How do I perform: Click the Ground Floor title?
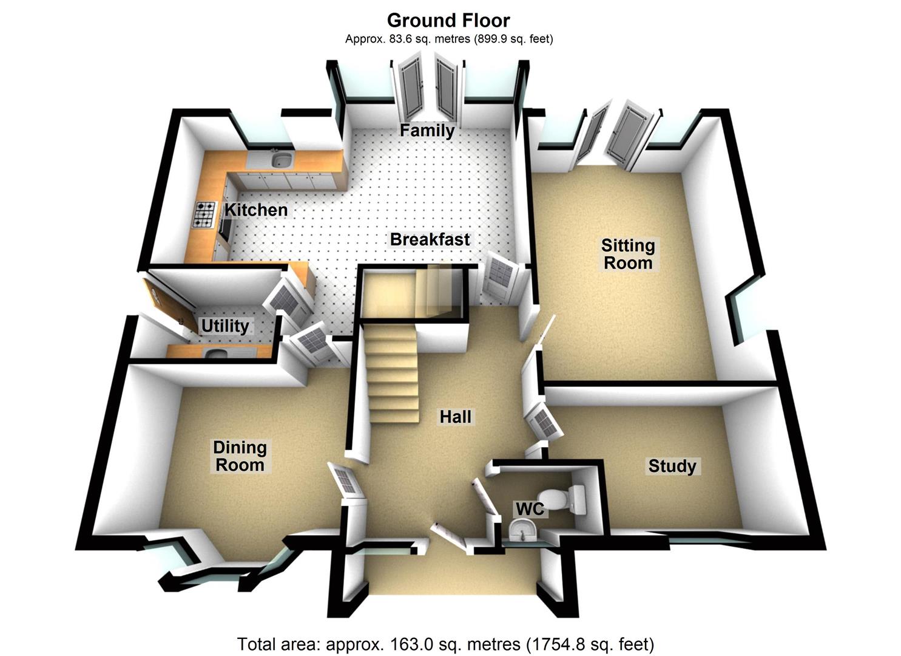click(x=448, y=20)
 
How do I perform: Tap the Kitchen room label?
click(x=256, y=210)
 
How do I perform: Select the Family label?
click(x=427, y=131)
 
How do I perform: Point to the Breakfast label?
click(x=430, y=239)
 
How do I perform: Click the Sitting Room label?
click(x=628, y=254)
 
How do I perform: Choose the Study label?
click(x=672, y=466)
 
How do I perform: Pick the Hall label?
click(x=456, y=417)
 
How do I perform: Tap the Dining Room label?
click(x=240, y=456)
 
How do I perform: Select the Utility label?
click(x=225, y=326)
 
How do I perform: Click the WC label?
click(x=530, y=508)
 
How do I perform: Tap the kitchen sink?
click(x=281, y=160)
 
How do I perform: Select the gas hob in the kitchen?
click(x=204, y=214)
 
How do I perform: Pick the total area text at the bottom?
click(x=445, y=644)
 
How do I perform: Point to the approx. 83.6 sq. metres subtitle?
click(x=448, y=39)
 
